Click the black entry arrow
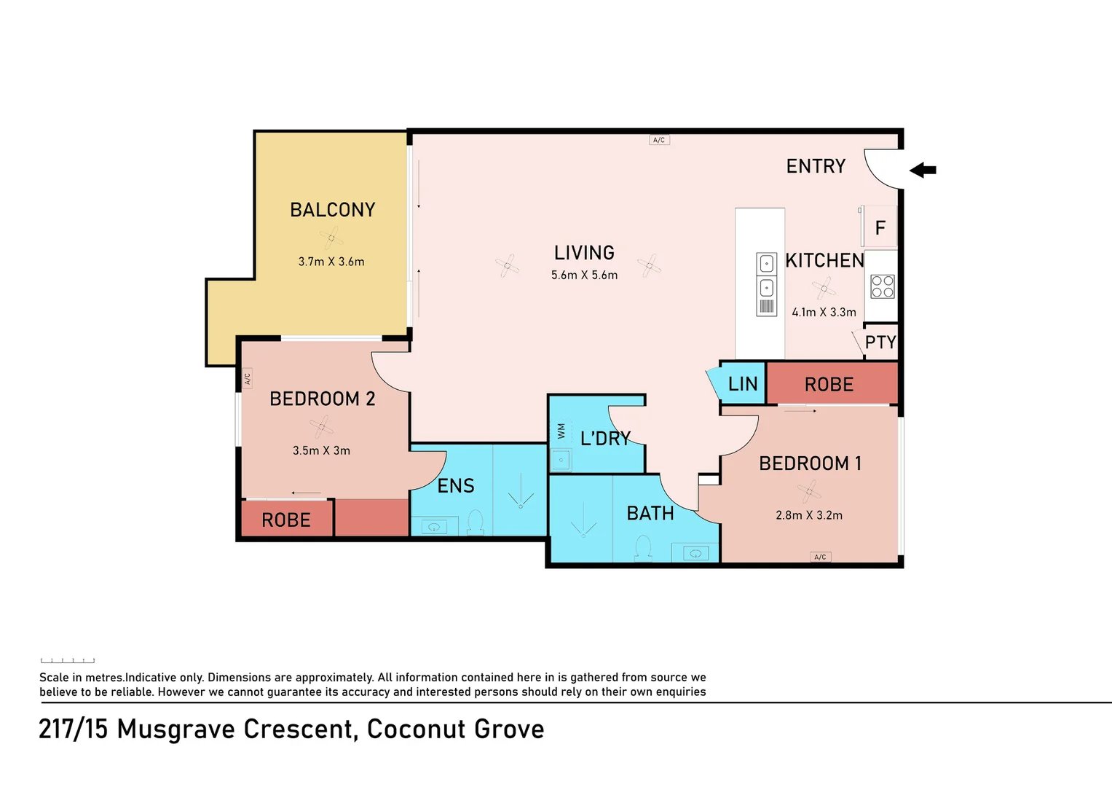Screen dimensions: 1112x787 click(923, 170)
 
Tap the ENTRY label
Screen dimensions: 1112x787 click(816, 166)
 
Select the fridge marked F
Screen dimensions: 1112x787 click(880, 227)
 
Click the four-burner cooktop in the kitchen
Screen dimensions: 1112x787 click(882, 286)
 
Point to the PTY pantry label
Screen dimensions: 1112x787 click(880, 342)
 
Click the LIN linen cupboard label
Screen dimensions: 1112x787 click(743, 383)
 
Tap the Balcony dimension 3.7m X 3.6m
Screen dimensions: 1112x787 click(331, 262)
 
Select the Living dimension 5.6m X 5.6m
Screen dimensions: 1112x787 click(584, 275)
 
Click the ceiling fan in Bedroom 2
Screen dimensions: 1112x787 click(322, 426)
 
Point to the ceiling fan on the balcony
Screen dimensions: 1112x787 click(331, 238)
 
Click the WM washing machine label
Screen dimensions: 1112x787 click(561, 430)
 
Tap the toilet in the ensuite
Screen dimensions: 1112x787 click(476, 522)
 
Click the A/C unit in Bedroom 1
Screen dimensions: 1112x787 click(820, 557)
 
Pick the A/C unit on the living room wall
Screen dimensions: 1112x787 click(659, 140)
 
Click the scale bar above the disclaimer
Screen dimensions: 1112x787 click(68, 661)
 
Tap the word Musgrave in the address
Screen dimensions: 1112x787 click(176, 729)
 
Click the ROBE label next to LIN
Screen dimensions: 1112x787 click(829, 384)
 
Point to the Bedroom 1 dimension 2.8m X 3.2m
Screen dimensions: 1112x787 click(809, 515)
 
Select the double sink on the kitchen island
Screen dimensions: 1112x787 click(767, 284)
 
